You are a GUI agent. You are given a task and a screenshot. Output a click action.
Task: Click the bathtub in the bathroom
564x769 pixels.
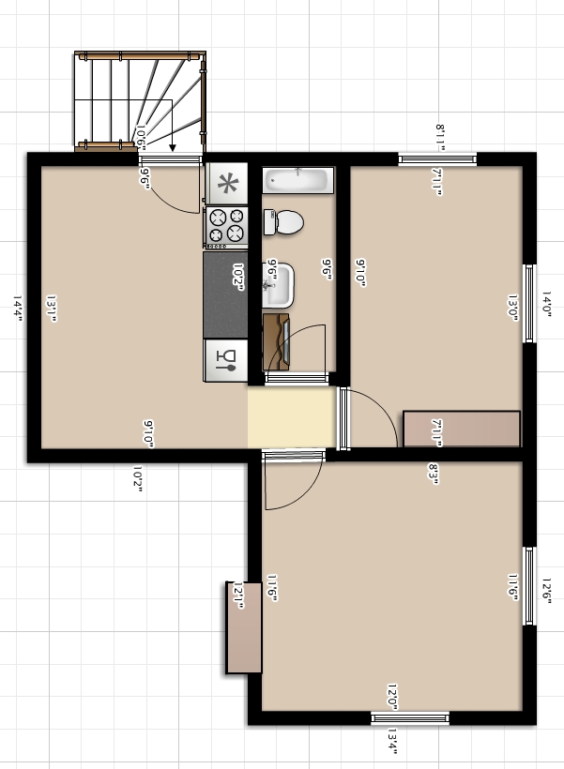(x=297, y=179)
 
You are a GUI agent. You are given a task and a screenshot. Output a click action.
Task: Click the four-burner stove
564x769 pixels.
(x=226, y=225)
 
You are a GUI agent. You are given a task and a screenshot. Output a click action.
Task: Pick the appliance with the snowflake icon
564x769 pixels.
(x=226, y=183)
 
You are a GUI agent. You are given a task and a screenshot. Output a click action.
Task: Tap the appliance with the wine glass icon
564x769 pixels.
(x=226, y=359)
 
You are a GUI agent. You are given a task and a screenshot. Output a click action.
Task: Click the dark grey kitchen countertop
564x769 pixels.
(x=225, y=295)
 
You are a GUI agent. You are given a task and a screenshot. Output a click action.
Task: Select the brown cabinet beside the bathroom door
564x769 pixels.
(x=275, y=342)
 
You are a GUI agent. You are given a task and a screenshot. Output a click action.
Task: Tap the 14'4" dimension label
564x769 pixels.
(x=18, y=309)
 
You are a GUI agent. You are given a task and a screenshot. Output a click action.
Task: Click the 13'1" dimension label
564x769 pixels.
(x=52, y=309)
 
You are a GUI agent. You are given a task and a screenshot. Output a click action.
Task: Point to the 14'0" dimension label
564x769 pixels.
(x=547, y=306)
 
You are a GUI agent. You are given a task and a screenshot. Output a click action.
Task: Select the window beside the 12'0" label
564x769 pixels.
(x=410, y=718)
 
